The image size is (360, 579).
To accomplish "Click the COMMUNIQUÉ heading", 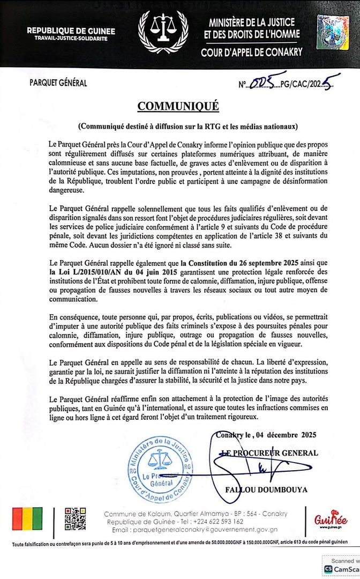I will pos(178,106).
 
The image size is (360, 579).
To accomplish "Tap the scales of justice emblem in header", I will pos(163,31).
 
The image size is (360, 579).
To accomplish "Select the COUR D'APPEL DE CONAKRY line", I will pos(251,53).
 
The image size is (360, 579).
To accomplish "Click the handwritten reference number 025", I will pos(262,83).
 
